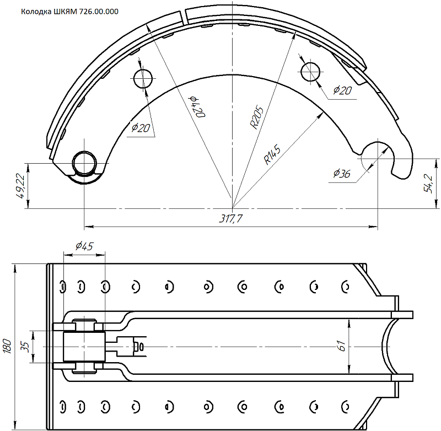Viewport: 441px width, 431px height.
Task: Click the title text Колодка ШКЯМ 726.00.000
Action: [x=70, y=12]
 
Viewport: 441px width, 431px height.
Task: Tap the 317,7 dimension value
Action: [x=230, y=218]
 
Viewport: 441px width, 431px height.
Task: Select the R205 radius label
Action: [x=257, y=117]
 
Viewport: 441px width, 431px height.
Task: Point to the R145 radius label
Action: [x=272, y=154]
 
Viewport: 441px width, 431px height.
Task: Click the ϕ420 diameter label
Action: [x=198, y=107]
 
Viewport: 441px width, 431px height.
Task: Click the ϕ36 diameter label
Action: [x=342, y=174]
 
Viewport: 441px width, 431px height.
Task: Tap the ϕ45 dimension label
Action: [x=84, y=246]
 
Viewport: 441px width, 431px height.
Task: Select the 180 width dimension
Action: [x=7, y=346]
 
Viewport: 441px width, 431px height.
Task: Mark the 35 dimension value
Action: [x=25, y=347]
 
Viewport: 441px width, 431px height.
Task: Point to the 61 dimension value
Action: [x=341, y=346]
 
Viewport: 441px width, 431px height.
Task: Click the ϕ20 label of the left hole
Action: [x=141, y=128]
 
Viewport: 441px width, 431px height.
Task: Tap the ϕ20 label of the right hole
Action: [x=342, y=90]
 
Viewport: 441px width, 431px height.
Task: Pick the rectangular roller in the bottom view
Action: [x=84, y=346]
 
